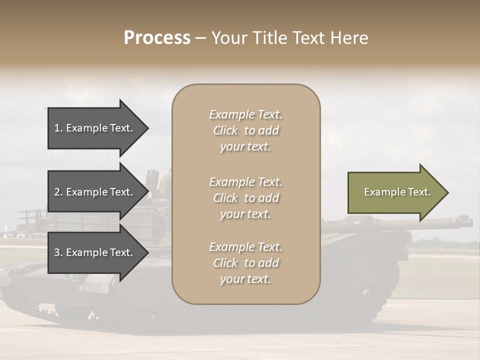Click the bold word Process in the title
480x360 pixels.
coord(157,38)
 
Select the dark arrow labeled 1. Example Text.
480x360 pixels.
coord(95,128)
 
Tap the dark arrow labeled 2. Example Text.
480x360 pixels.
coord(95,192)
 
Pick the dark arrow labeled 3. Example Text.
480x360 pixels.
coord(95,253)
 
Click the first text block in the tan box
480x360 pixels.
coord(246,130)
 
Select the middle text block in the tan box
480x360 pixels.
coord(246,198)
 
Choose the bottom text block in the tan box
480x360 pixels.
coord(246,263)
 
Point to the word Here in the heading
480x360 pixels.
coord(350,38)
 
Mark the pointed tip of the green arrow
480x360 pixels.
coord(447,192)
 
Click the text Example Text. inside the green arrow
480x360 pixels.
coord(397,192)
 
